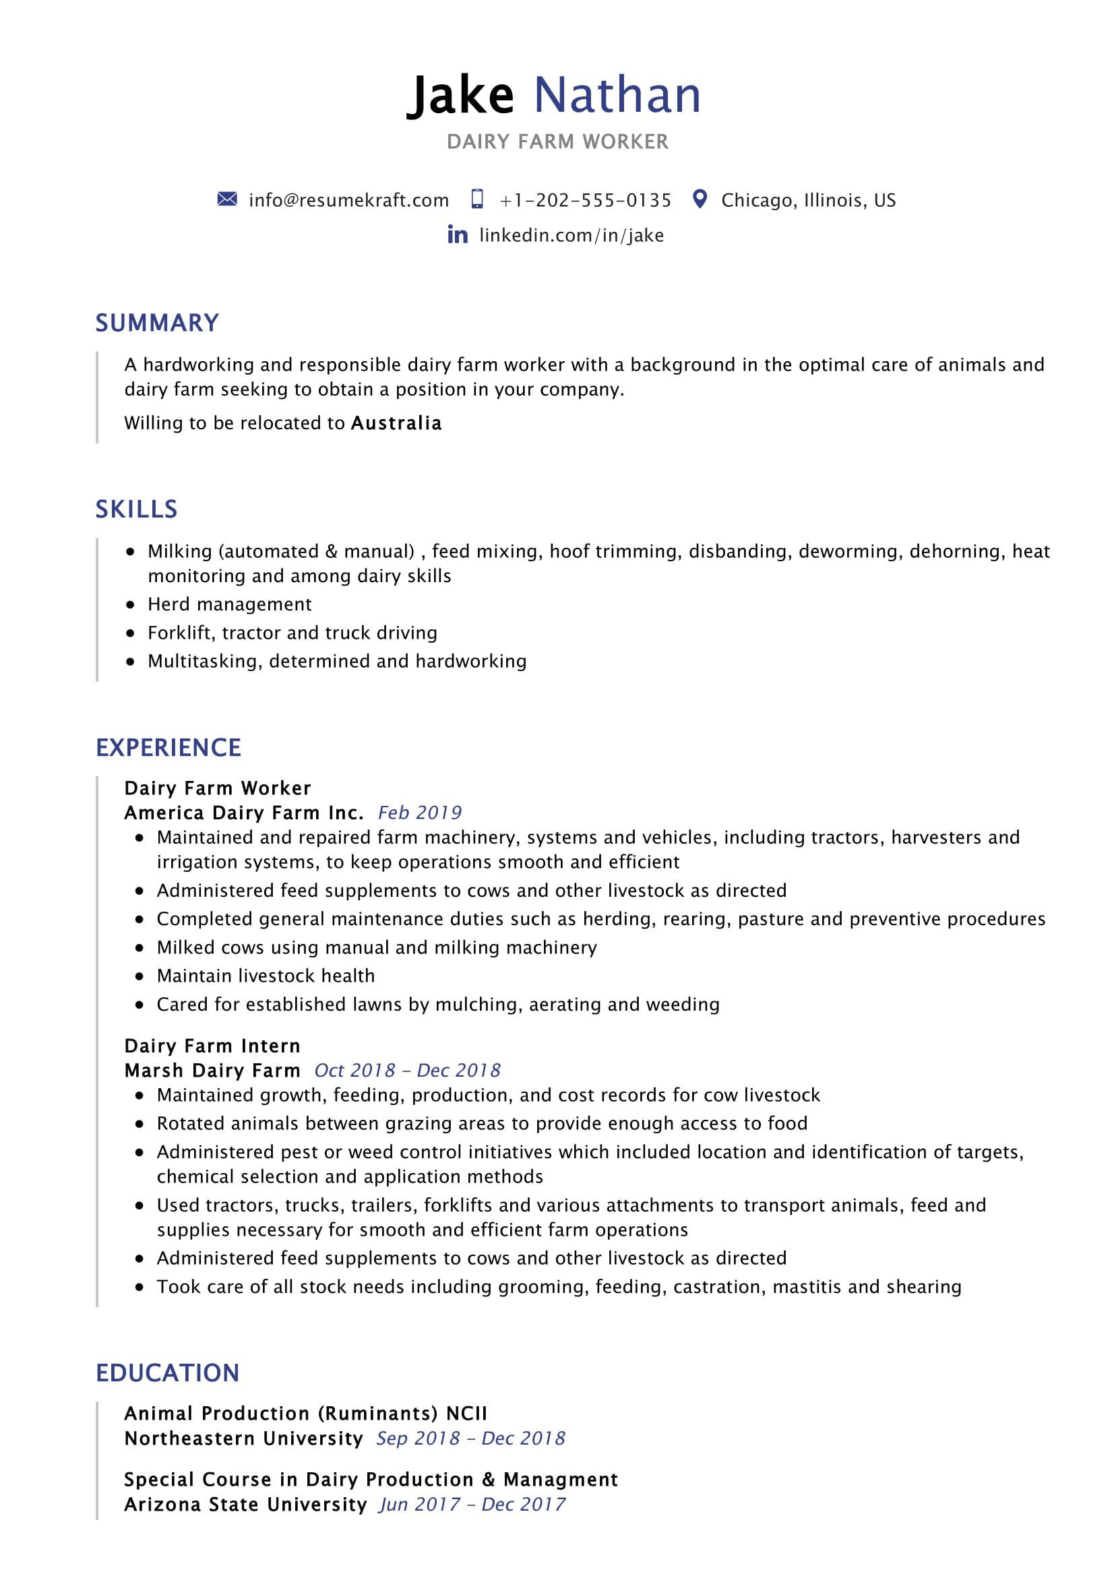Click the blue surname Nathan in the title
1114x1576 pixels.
[617, 95]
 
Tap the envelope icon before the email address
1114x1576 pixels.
[226, 199]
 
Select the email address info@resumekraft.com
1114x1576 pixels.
[348, 200]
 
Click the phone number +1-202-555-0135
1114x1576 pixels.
[586, 200]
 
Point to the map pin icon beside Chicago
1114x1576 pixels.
[700, 199]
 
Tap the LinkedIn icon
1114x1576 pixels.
[457, 234]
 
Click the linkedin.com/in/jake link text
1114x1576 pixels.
[571, 235]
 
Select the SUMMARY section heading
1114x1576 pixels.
[157, 323]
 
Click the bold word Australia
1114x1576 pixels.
[396, 423]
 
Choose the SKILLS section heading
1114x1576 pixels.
[137, 509]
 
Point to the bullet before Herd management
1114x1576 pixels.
[131, 604]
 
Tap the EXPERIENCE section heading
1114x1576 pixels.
[168, 747]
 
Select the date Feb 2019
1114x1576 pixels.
[419, 813]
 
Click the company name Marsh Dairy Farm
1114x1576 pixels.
[212, 1071]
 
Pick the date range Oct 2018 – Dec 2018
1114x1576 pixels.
[407, 1071]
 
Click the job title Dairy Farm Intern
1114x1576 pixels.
[212, 1046]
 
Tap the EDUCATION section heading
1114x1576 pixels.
[168, 1373]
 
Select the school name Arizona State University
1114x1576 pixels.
[246, 1505]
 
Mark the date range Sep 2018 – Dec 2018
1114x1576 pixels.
[470, 1439]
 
